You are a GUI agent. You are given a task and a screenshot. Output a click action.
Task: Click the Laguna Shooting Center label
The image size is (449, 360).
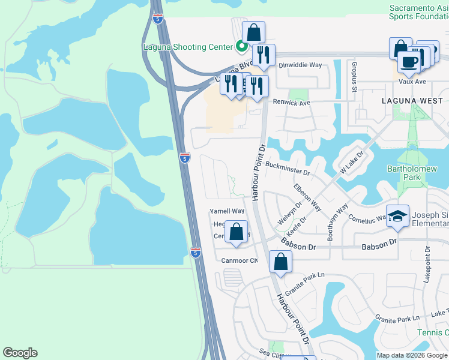pyautogui.click(x=188, y=46)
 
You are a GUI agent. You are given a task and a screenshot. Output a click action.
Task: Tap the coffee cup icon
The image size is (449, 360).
pyautogui.click(x=409, y=62)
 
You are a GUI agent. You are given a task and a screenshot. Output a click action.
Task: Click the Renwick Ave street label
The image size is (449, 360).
pyautogui.click(x=291, y=103)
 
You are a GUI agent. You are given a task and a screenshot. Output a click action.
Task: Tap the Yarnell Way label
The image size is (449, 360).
pyautogui.click(x=227, y=211)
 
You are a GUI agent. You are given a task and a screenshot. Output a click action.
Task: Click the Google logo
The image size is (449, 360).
pyautogui.click(x=20, y=353)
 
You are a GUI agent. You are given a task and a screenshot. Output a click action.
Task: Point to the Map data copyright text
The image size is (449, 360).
pyautogui.click(x=411, y=355)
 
